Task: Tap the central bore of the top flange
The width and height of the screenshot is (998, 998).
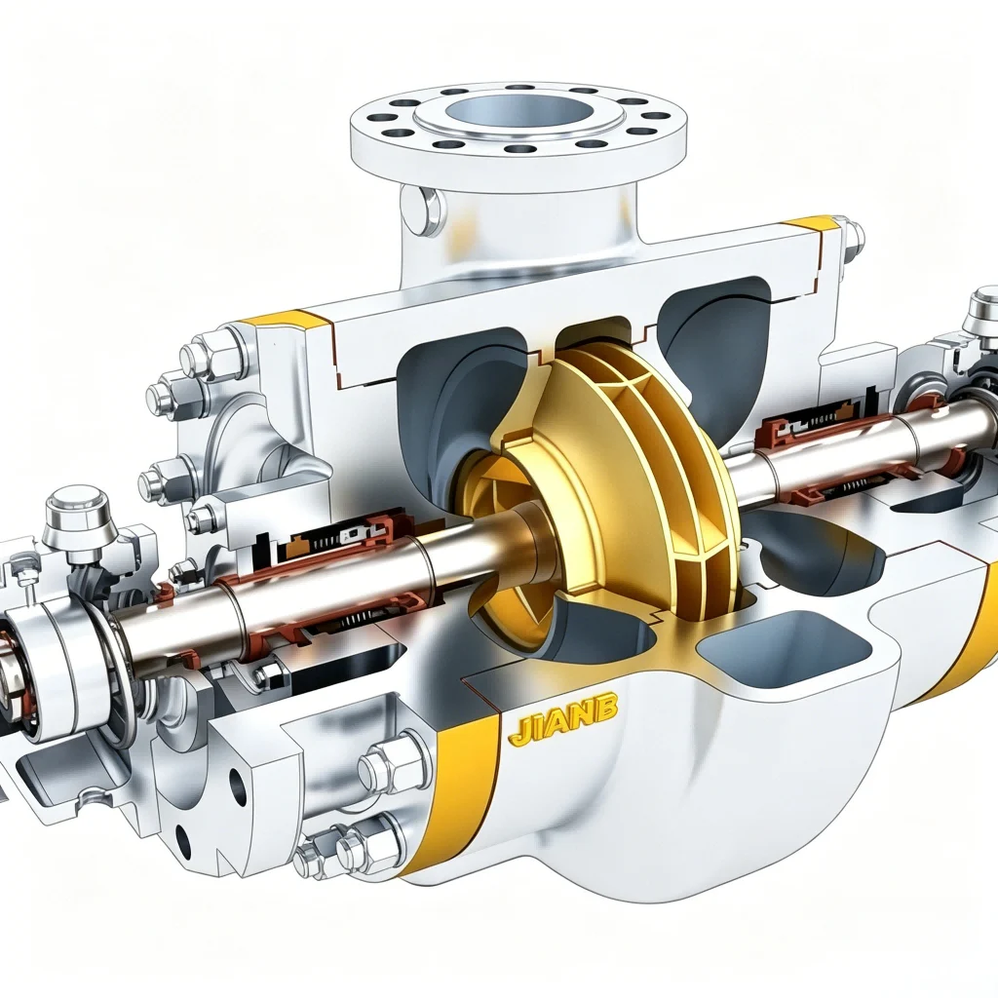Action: (x=517, y=114)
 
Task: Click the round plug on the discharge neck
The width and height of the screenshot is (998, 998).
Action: (x=422, y=210)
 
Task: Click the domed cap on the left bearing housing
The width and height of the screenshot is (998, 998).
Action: (x=78, y=512)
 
